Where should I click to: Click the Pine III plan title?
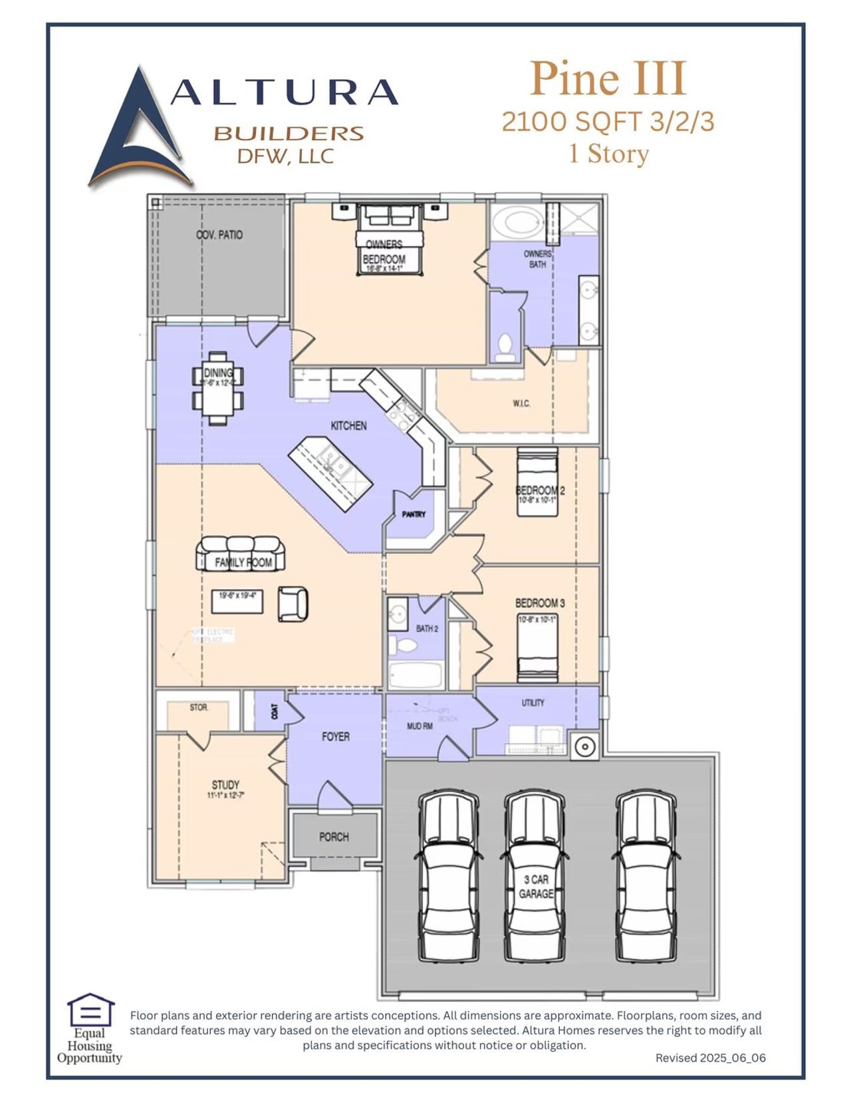click(x=608, y=80)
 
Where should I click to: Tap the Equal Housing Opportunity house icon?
click(x=90, y=1010)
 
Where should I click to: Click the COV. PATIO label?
click(x=219, y=235)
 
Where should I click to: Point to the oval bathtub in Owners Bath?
click(x=517, y=222)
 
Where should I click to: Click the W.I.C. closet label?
click(x=521, y=403)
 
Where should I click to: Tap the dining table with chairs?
click(x=218, y=387)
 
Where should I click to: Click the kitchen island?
click(x=330, y=473)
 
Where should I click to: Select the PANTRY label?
click(x=414, y=514)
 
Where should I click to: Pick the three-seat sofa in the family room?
click(x=240, y=553)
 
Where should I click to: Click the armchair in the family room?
click(x=293, y=604)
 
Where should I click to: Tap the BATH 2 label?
click(x=427, y=628)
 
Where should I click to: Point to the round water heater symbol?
click(x=584, y=746)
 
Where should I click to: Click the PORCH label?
click(x=334, y=837)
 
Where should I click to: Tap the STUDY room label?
click(x=225, y=785)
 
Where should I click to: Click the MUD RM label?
click(x=420, y=726)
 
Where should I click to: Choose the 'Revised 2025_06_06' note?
click(x=710, y=1057)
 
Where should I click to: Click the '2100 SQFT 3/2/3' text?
click(x=608, y=122)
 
